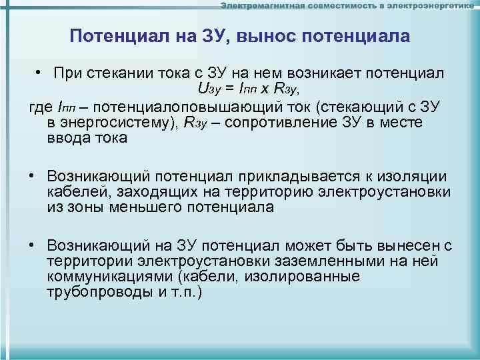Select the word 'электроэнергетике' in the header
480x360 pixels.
(x=435, y=6)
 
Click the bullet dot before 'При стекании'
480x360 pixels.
(x=41, y=72)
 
